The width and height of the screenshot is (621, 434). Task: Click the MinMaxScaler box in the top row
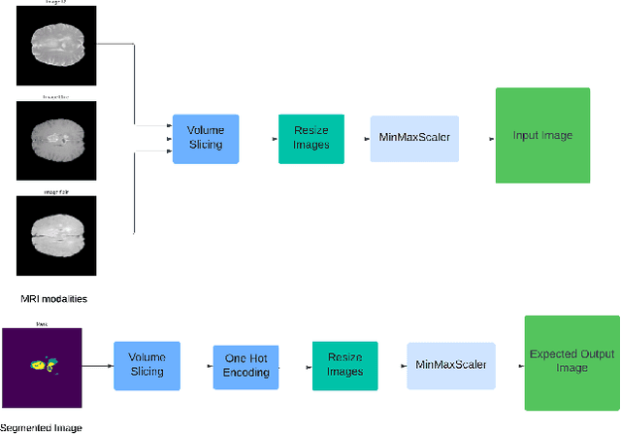pyautogui.click(x=412, y=138)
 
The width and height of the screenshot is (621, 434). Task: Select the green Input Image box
pyautogui.click(x=541, y=135)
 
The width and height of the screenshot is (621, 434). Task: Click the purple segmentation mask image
pyautogui.click(x=42, y=366)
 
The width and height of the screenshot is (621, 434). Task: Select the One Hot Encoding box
pyautogui.click(x=246, y=366)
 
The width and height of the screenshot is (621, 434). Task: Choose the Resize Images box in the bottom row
pyautogui.click(x=344, y=365)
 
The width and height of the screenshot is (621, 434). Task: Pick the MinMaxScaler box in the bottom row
pyautogui.click(x=449, y=365)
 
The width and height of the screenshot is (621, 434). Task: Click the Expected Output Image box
pyautogui.click(x=572, y=362)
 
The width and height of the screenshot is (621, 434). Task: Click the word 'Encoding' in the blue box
pyautogui.click(x=246, y=373)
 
